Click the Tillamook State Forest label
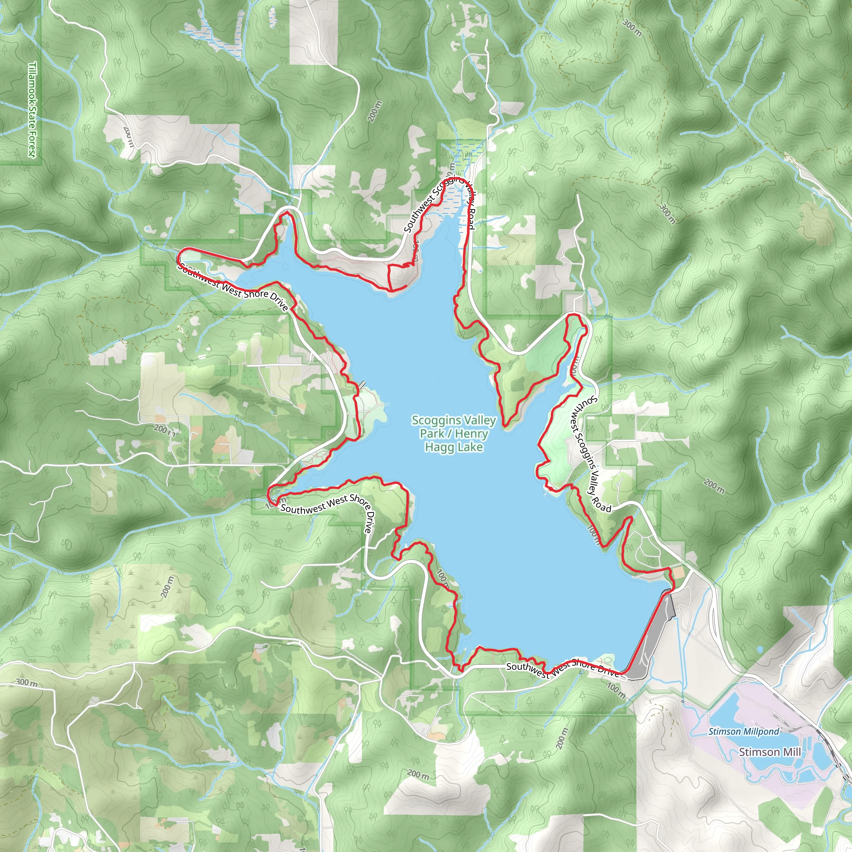[x=32, y=109]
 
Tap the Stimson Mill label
[x=770, y=752]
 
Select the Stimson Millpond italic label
[x=743, y=731]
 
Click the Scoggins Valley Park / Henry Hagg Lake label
[x=454, y=433]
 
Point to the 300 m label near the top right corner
[x=632, y=27]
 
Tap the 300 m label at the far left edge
[x=27, y=682]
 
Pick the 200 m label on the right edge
[x=713, y=486]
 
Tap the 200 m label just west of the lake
[x=165, y=429]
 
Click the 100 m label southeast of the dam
[x=616, y=691]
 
